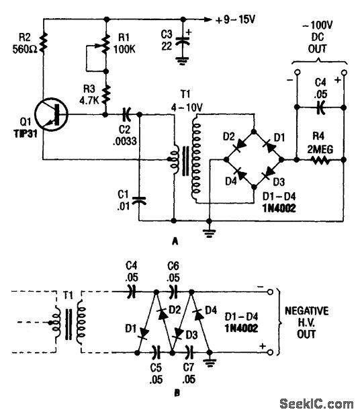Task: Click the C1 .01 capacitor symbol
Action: tap(139, 199)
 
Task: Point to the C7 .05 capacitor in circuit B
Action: tap(189, 351)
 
